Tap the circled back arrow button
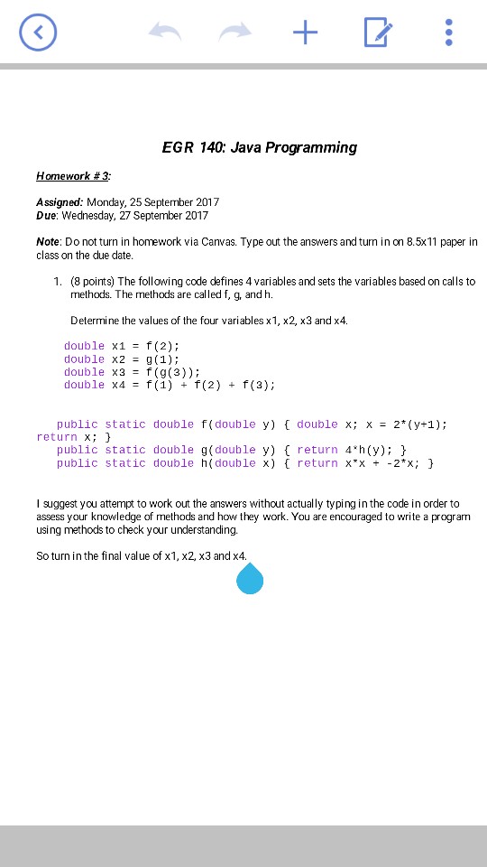[x=38, y=33]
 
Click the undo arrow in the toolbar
[x=165, y=33]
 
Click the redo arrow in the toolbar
[x=235, y=33]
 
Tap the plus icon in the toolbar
[x=306, y=33]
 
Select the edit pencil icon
[x=378, y=33]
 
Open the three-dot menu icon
[x=449, y=33]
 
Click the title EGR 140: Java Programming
[x=260, y=147]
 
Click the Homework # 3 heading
[x=74, y=175]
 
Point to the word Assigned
[x=60, y=202]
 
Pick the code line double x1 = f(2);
[x=122, y=346]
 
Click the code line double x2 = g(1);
[x=122, y=359]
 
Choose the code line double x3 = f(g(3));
[x=132, y=372]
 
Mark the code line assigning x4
[x=170, y=385]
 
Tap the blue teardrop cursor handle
[x=250, y=579]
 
